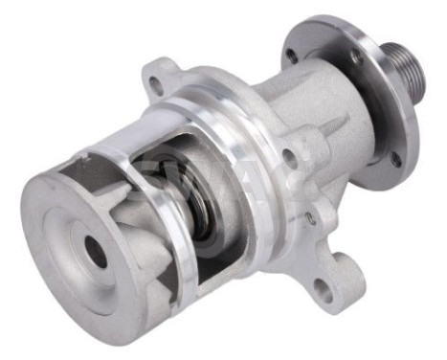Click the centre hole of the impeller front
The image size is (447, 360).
click(x=97, y=250)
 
